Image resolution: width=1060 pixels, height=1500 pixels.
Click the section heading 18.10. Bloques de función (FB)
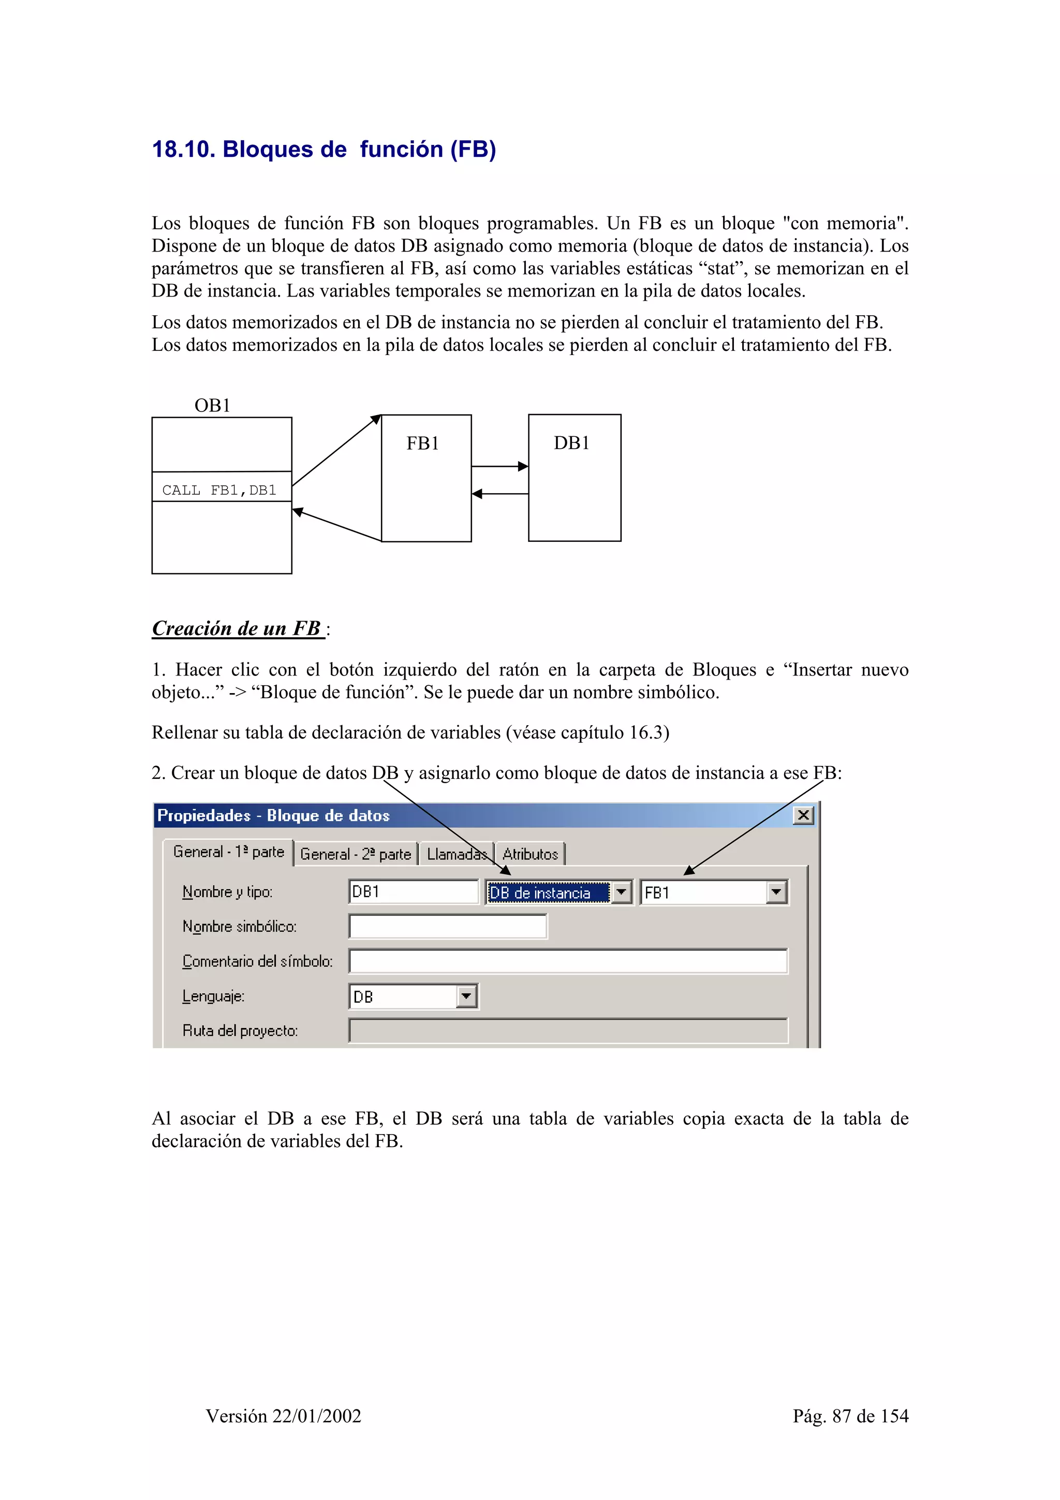click(x=323, y=149)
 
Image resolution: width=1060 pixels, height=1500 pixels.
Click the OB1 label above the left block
click(x=212, y=406)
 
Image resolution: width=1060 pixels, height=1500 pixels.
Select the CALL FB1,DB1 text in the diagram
click(x=219, y=490)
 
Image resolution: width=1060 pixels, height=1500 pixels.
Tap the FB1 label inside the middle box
click(x=422, y=444)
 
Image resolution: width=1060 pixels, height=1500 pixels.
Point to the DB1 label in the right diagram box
click(x=571, y=443)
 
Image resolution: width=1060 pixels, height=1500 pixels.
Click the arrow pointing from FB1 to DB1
click(x=499, y=466)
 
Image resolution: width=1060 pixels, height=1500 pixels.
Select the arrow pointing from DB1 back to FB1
click(x=499, y=494)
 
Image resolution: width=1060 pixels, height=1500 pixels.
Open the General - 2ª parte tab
click(x=355, y=854)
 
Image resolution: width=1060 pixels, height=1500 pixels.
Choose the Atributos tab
click(x=529, y=854)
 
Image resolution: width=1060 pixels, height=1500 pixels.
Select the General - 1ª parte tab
click(x=229, y=852)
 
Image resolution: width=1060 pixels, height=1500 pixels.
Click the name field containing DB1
click(x=414, y=892)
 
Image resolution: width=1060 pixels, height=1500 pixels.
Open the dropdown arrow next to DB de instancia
click(x=621, y=892)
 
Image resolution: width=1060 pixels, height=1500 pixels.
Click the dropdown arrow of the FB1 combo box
click(x=776, y=892)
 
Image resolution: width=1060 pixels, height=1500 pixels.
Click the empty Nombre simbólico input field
click(x=447, y=927)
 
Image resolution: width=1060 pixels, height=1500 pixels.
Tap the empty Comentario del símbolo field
click(x=568, y=961)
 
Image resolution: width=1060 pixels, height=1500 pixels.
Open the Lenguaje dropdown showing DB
click(x=466, y=996)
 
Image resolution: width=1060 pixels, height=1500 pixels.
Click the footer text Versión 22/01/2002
click(x=284, y=1416)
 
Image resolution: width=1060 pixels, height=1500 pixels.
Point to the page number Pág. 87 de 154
click(x=850, y=1416)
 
